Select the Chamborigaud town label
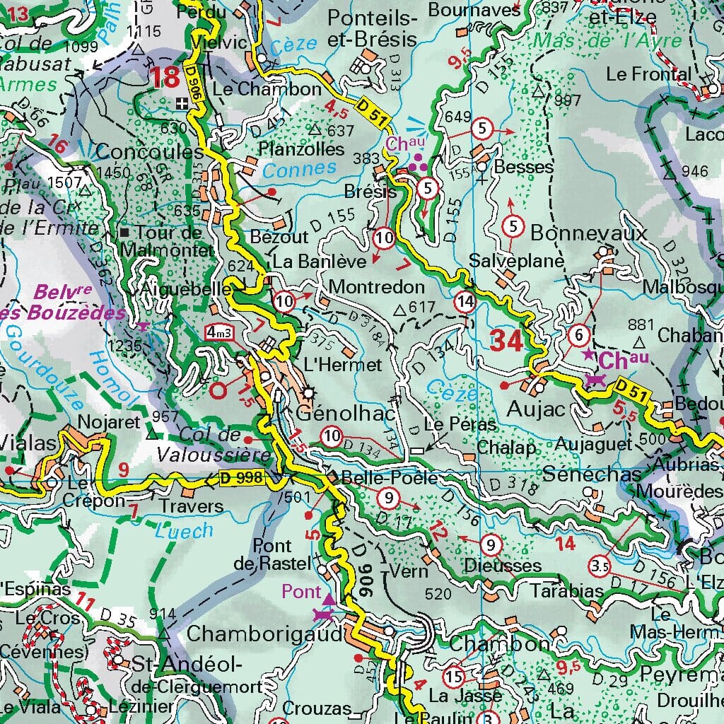tap(265, 631)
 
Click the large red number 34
tap(507, 341)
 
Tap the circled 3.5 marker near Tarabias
tap(600, 566)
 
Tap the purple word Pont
tap(300, 590)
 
